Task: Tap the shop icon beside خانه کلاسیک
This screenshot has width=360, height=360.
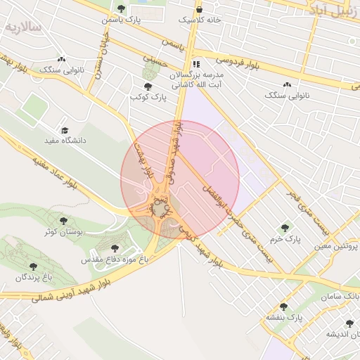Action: coord(200,9)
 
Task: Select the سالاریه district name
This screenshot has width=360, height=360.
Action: coord(23,27)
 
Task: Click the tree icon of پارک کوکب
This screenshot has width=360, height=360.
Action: coord(146,86)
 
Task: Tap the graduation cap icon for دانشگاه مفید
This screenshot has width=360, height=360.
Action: coord(65,130)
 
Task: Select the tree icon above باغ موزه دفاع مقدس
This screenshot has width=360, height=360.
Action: coord(115,248)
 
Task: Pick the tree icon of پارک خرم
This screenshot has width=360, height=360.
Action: coord(285,228)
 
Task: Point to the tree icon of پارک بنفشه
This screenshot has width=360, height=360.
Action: coord(283,307)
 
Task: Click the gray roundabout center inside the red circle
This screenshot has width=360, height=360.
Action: coord(161,209)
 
